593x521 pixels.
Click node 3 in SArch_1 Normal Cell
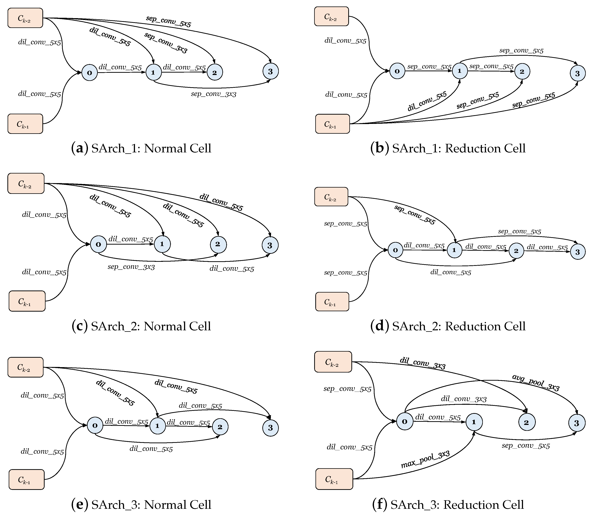tap(270, 71)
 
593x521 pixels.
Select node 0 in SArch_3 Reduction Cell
tap(404, 422)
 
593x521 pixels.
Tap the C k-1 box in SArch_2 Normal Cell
tap(27, 301)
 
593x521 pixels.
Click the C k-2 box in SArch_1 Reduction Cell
tap(331, 16)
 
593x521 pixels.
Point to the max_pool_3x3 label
tap(425, 460)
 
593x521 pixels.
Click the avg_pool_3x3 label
tap(536, 382)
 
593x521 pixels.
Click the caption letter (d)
tap(380, 326)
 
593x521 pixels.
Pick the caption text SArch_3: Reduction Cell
tap(457, 505)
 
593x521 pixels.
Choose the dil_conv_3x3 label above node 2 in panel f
tap(464, 399)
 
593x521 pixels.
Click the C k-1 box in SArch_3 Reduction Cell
tap(334, 479)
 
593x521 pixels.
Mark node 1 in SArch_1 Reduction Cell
tap(460, 71)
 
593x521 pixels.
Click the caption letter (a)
tap(79, 148)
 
